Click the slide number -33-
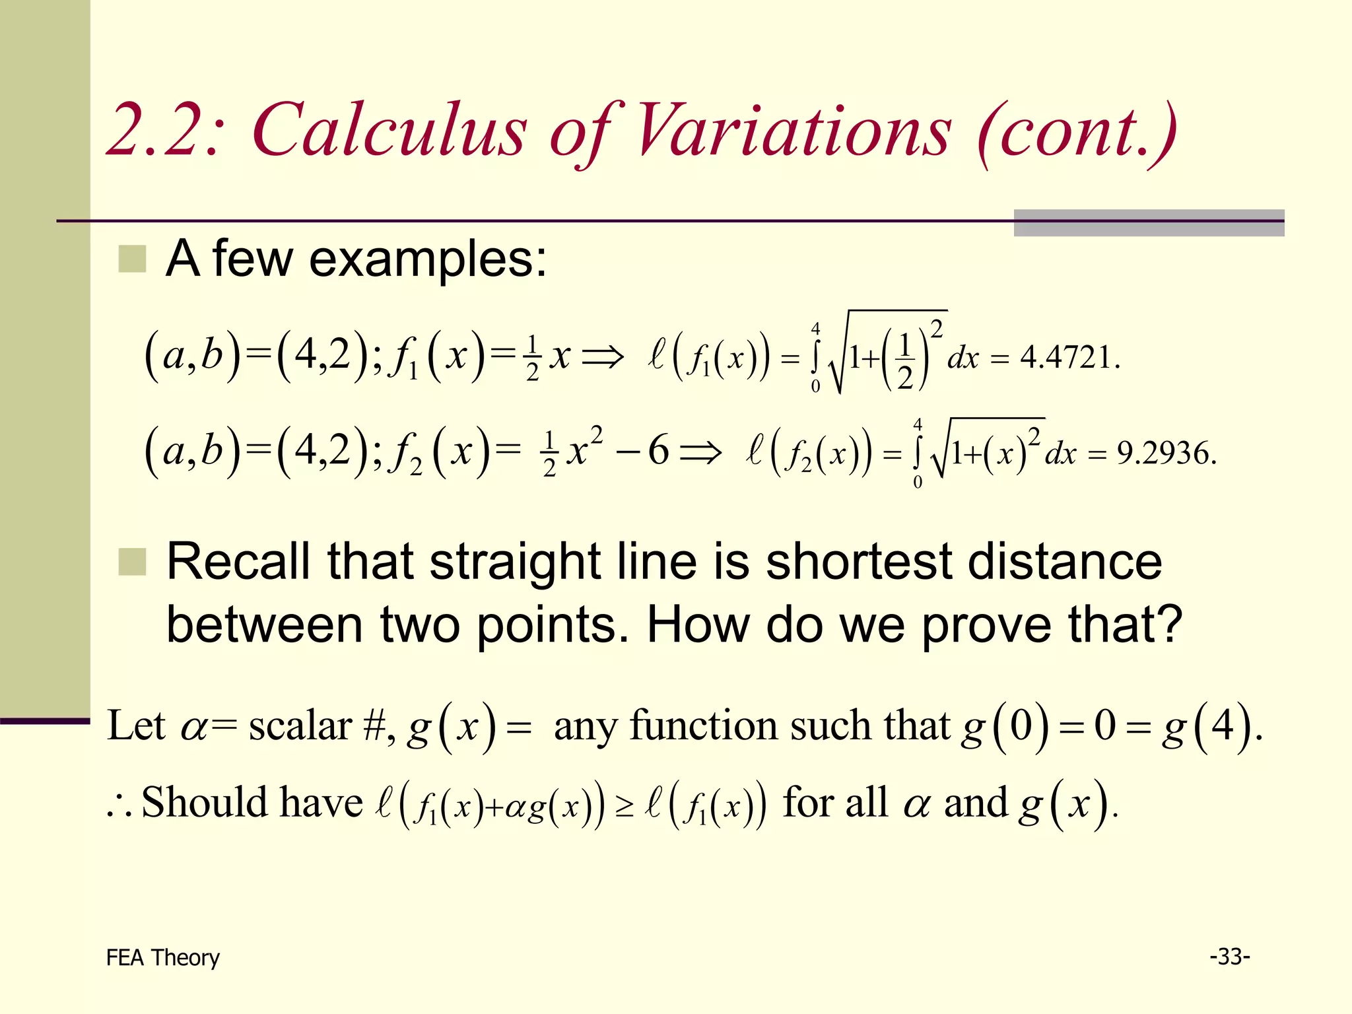pyautogui.click(x=1229, y=956)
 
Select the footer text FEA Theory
pyautogui.click(x=162, y=957)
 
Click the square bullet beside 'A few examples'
pyautogui.click(x=132, y=259)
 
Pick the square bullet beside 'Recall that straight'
pyautogui.click(x=132, y=562)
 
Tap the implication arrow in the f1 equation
pyautogui.click(x=602, y=358)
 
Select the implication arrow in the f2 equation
pyautogui.click(x=701, y=454)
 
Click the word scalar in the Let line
pyautogui.click(x=300, y=726)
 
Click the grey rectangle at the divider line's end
pyautogui.click(x=1149, y=223)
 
